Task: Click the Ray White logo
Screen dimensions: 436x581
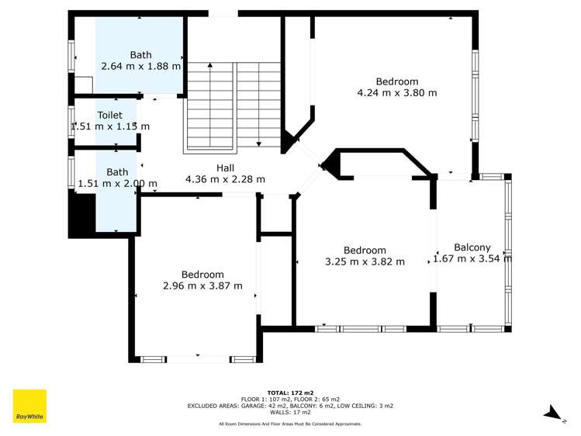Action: pos(29,406)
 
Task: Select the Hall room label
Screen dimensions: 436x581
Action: pos(225,168)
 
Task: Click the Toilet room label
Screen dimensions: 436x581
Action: pos(109,115)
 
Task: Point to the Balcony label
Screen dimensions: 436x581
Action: pos(472,247)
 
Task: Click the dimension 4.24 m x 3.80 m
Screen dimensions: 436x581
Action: pos(396,93)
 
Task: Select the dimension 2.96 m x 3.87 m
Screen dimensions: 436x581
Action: pos(202,285)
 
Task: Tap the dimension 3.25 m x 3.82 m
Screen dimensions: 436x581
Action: pos(365,261)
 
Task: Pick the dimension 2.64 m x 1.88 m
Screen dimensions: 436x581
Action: pos(141,66)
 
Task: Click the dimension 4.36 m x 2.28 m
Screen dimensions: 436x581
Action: pos(225,179)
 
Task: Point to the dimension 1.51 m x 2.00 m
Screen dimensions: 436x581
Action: pos(117,184)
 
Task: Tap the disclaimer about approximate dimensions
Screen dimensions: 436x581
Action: pos(290,424)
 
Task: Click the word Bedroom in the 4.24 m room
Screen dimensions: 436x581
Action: pos(396,81)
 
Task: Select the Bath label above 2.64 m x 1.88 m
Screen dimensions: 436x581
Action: pos(141,55)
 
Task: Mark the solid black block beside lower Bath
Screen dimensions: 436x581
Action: pos(81,215)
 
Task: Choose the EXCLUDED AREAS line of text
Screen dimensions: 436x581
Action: pos(290,406)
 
